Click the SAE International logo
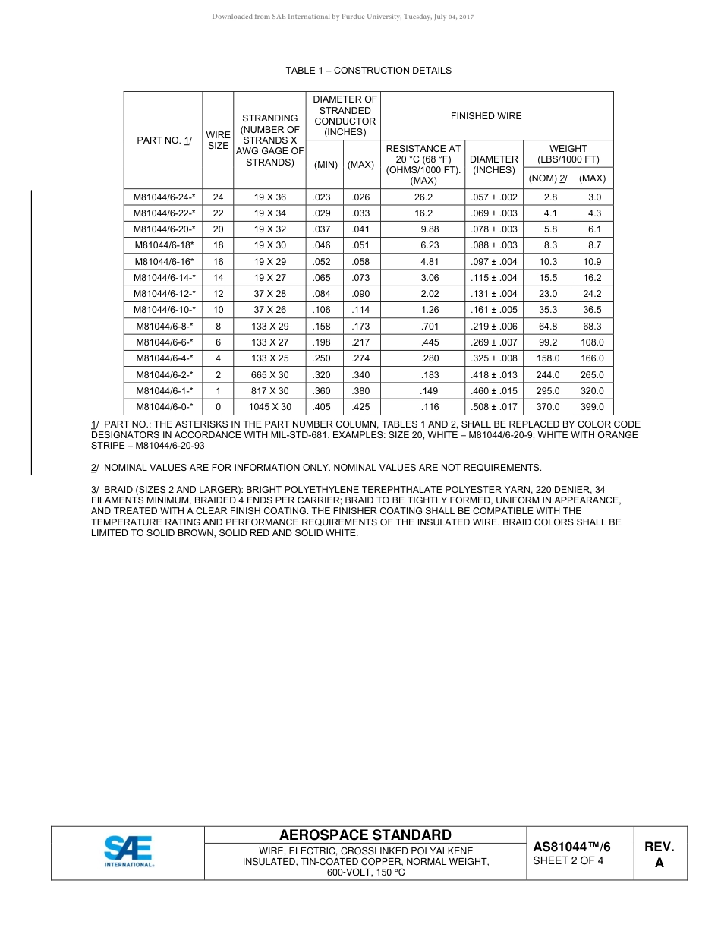coord(128,852)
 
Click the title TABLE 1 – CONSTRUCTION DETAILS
coord(368,71)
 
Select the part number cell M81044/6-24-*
coord(164,197)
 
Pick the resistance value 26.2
coord(423,197)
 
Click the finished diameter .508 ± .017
coord(494,407)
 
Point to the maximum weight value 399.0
coord(592,407)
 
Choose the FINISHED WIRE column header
coord(486,116)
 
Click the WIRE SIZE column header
coord(218,140)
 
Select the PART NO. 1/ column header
coord(164,140)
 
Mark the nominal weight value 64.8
coord(548,327)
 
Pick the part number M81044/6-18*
coord(164,245)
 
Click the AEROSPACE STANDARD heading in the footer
coord(365,835)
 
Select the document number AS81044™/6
coord(571,847)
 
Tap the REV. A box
coord(660,854)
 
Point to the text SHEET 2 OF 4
coord(568,861)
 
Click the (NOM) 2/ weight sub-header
coord(548,178)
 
